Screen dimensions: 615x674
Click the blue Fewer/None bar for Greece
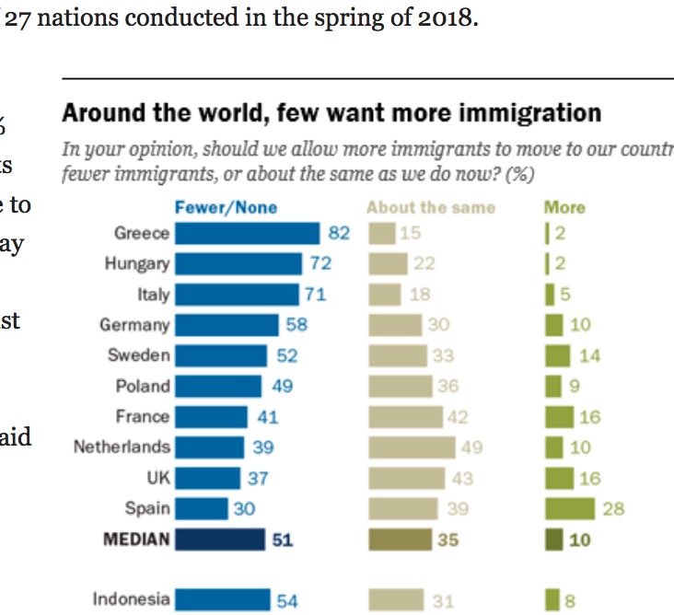(247, 233)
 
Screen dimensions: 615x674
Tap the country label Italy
(153, 295)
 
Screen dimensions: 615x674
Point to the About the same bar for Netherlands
(412, 447)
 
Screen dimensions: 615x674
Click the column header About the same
(430, 208)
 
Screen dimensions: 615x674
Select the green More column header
(564, 208)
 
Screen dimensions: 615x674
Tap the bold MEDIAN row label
(136, 540)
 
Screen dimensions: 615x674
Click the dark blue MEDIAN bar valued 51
(219, 540)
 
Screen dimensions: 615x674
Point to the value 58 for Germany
(296, 325)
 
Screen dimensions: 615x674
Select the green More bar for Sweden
(558, 355)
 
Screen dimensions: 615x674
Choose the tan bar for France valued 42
(406, 417)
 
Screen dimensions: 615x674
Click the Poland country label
(143, 387)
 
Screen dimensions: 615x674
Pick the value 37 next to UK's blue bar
(257, 478)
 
